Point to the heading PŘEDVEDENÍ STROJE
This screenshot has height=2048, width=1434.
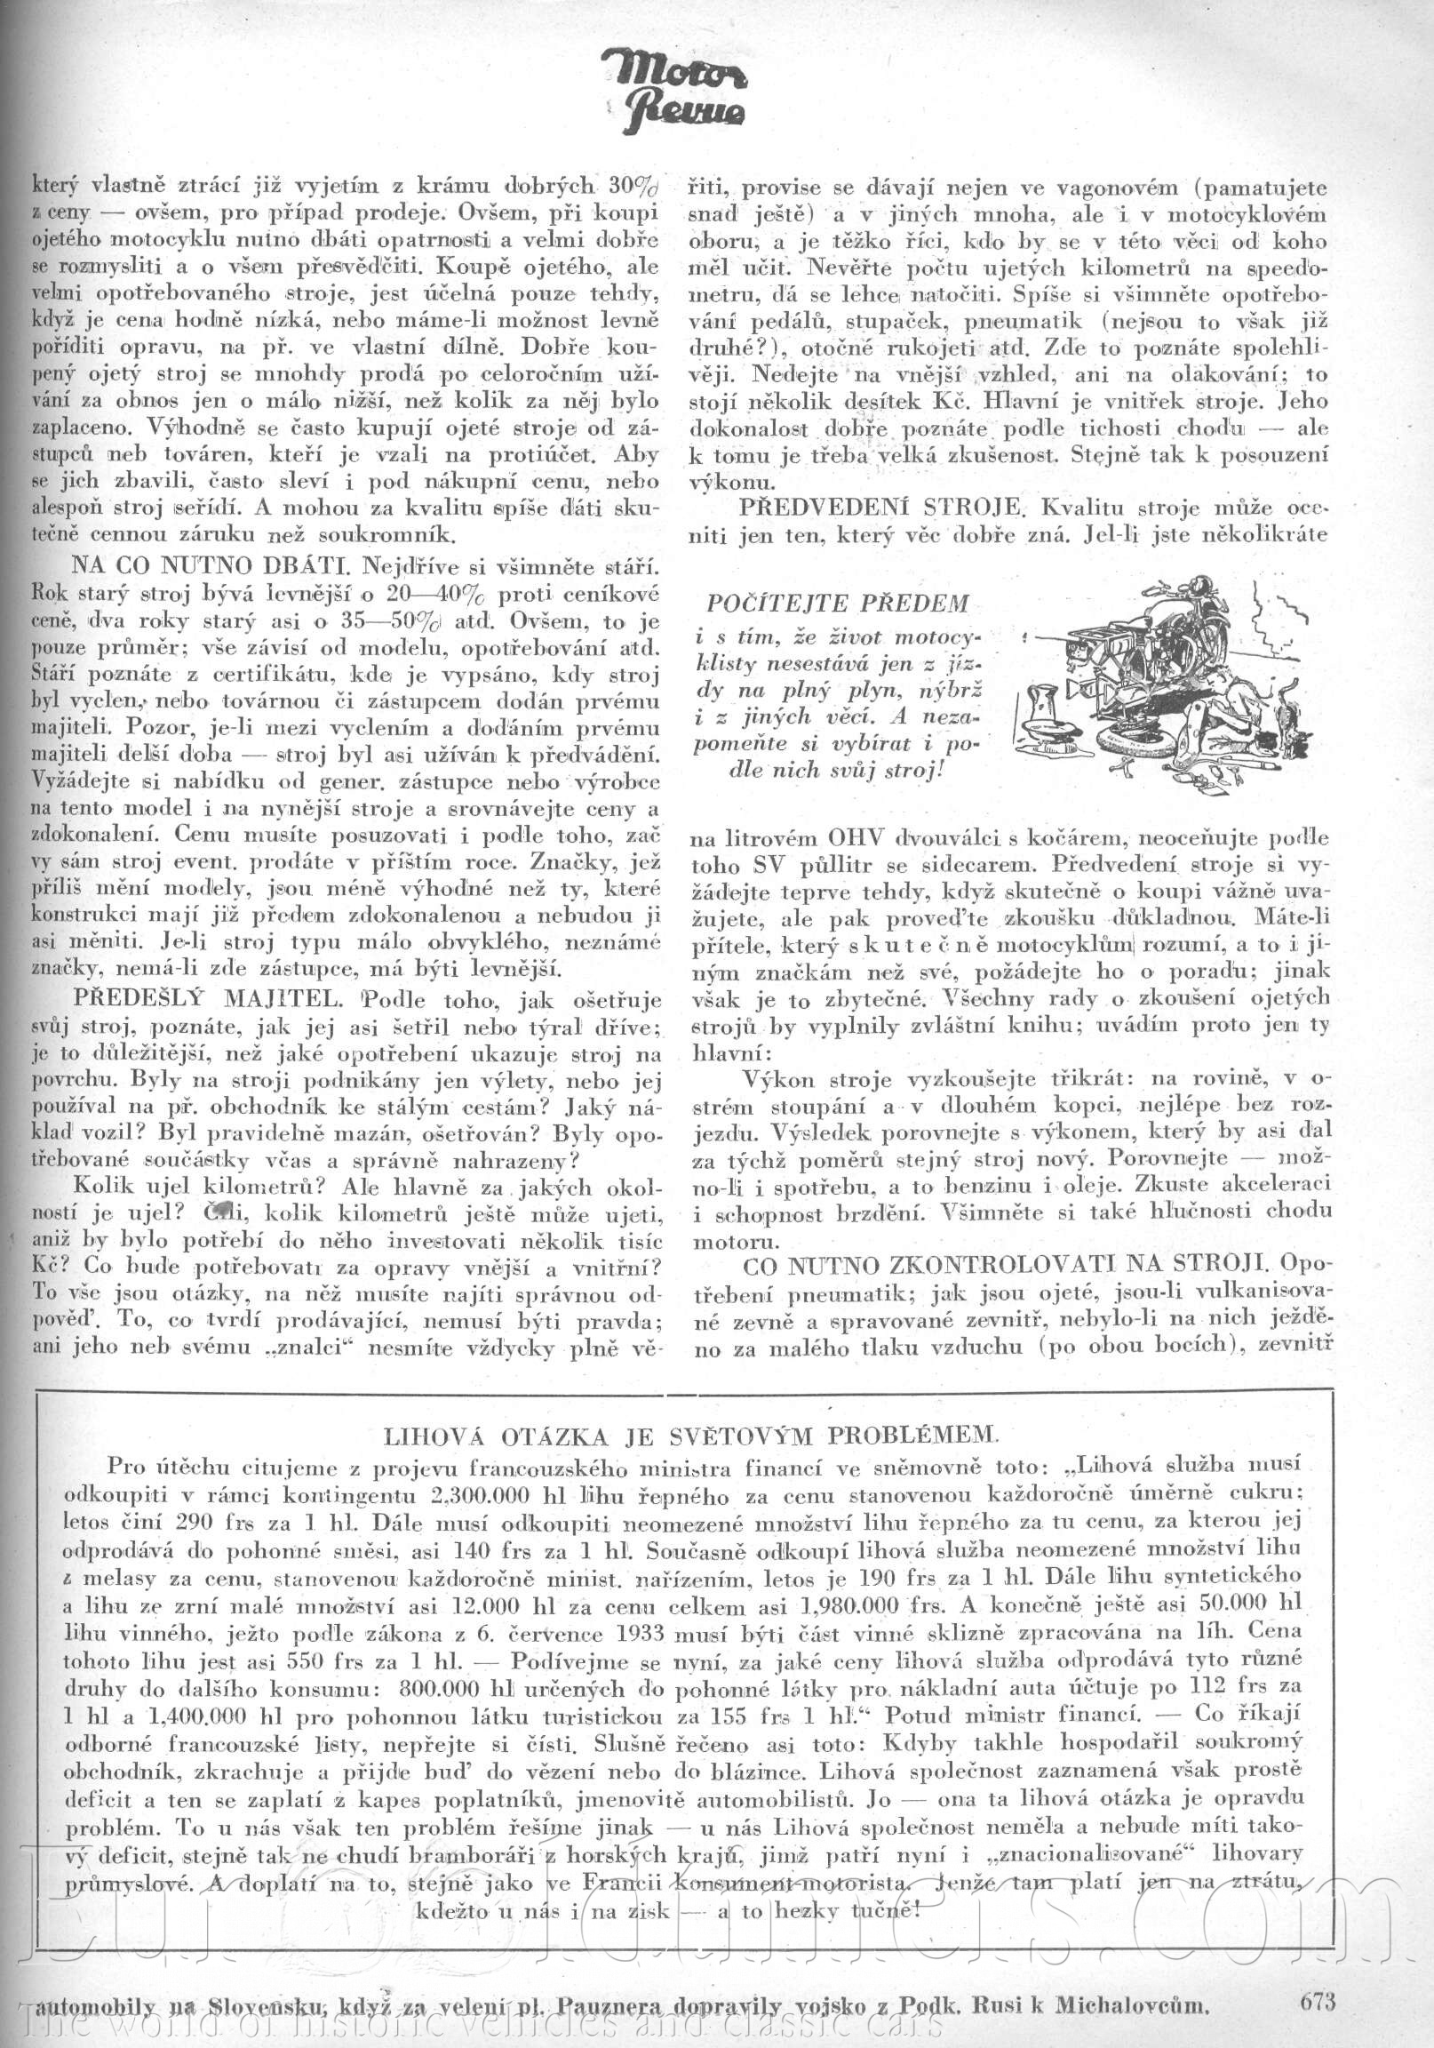pos(880,508)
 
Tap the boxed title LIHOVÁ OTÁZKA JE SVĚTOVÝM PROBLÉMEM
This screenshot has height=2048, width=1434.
pos(687,1436)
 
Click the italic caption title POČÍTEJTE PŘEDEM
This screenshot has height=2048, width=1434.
pos(838,604)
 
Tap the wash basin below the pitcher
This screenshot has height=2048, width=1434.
pos(1043,740)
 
